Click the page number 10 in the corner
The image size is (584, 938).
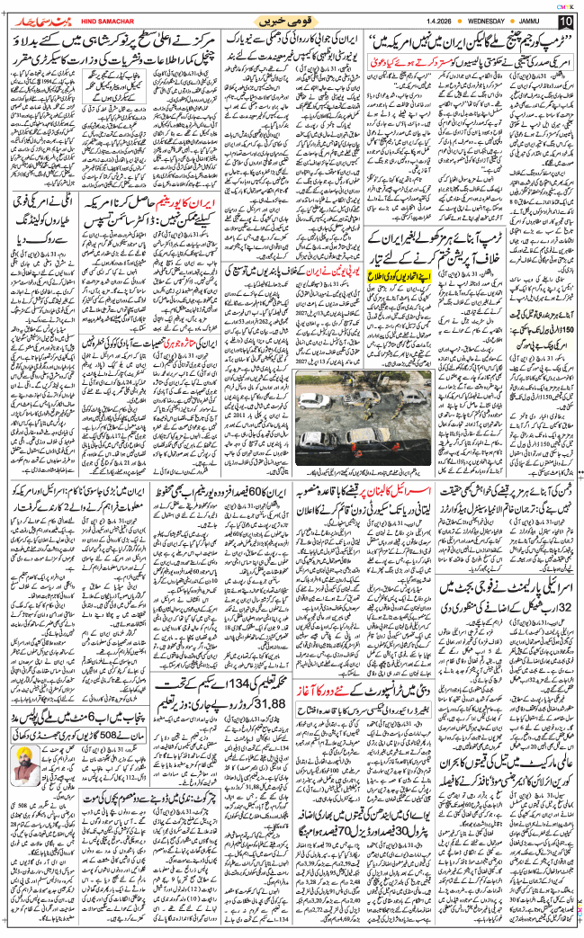coord(564,21)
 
